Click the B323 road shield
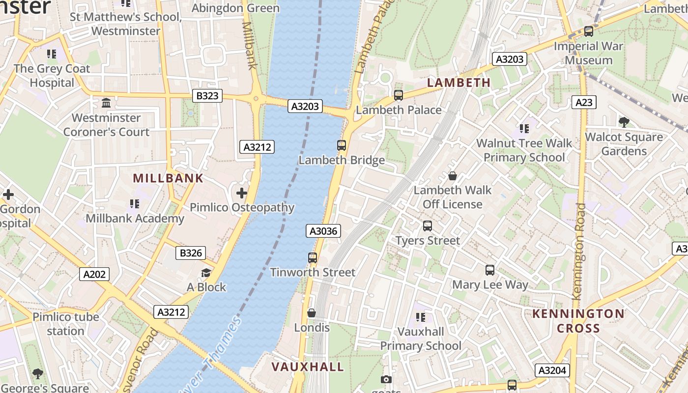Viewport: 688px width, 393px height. tap(207, 96)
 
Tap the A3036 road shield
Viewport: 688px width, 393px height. tap(323, 231)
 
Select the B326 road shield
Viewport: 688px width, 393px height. tap(191, 253)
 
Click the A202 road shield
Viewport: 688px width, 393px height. tap(94, 274)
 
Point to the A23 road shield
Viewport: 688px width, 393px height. tap(584, 102)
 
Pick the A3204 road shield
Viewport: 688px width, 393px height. tap(552, 370)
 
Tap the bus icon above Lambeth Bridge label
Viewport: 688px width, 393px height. tap(342, 145)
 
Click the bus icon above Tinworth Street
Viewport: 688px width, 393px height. tap(313, 257)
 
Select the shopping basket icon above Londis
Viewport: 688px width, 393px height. tap(312, 313)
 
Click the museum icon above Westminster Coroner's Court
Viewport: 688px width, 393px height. tap(106, 103)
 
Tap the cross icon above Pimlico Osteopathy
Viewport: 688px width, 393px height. tap(242, 193)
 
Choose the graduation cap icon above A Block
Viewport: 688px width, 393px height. tap(206, 273)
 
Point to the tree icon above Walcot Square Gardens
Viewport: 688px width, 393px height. tap(624, 122)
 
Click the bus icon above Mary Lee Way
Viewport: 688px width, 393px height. tap(490, 270)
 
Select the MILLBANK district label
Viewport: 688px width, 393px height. tap(168, 178)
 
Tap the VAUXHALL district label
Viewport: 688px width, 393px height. tap(308, 367)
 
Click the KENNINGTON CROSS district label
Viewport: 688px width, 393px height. tap(578, 321)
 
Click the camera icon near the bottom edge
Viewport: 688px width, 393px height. tap(386, 379)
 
